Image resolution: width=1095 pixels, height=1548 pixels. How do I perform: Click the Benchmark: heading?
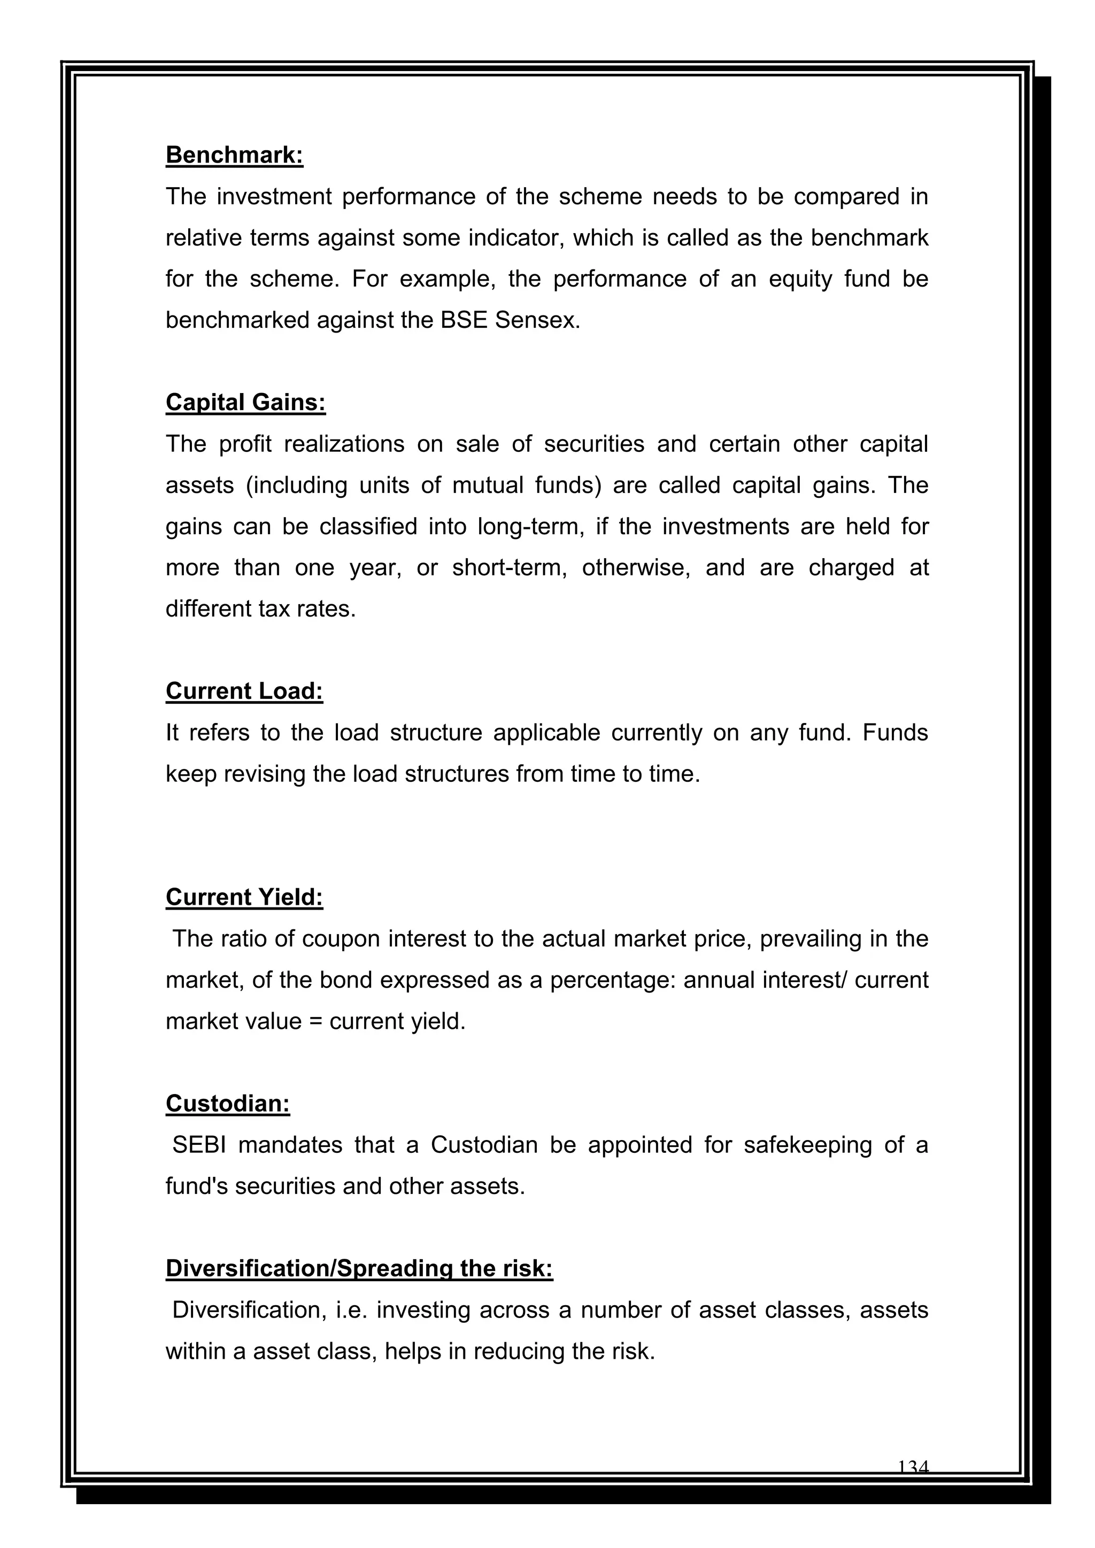pos(234,155)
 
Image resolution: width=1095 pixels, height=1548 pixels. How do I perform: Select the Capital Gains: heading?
pos(245,403)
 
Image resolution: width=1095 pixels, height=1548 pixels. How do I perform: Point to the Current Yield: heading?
pos(244,897)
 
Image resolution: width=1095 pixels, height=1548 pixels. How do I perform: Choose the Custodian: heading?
pos(228,1104)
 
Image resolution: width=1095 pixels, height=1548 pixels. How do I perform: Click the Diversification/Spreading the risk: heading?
pos(359,1269)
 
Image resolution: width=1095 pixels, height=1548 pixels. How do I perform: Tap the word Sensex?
pos(537,320)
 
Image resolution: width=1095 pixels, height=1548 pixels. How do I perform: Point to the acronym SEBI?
pos(199,1145)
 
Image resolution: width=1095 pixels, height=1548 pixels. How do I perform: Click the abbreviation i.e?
pos(350,1311)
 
